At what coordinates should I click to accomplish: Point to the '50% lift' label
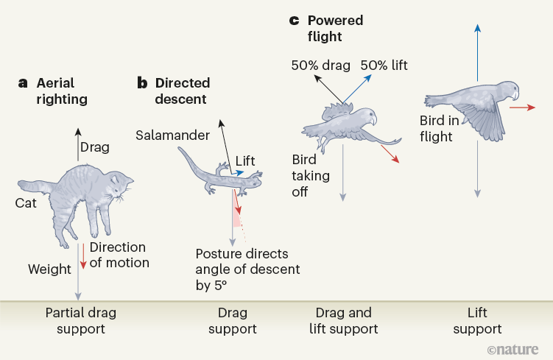(384, 66)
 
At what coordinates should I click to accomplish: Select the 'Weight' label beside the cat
(49, 269)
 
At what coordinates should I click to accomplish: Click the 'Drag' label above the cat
(94, 147)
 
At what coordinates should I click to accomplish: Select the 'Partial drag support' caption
(81, 320)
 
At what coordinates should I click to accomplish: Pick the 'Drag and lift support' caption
(343, 320)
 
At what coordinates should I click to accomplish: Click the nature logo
(518, 347)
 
